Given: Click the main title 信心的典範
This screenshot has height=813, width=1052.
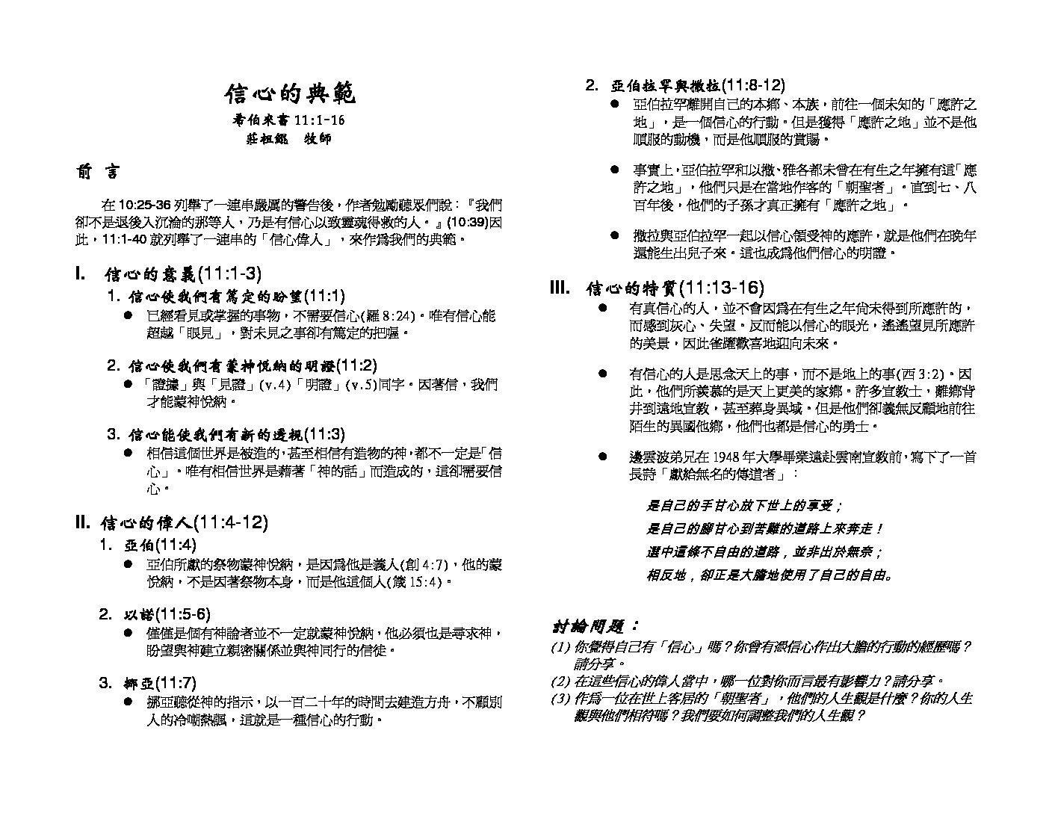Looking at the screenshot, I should [290, 94].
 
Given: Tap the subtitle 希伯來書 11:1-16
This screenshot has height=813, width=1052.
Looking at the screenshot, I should [289, 120].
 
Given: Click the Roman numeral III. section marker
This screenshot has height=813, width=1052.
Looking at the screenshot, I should [560, 288].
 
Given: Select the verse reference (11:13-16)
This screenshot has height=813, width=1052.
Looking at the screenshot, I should [723, 288].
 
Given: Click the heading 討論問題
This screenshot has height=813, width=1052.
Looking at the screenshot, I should [595, 626].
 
